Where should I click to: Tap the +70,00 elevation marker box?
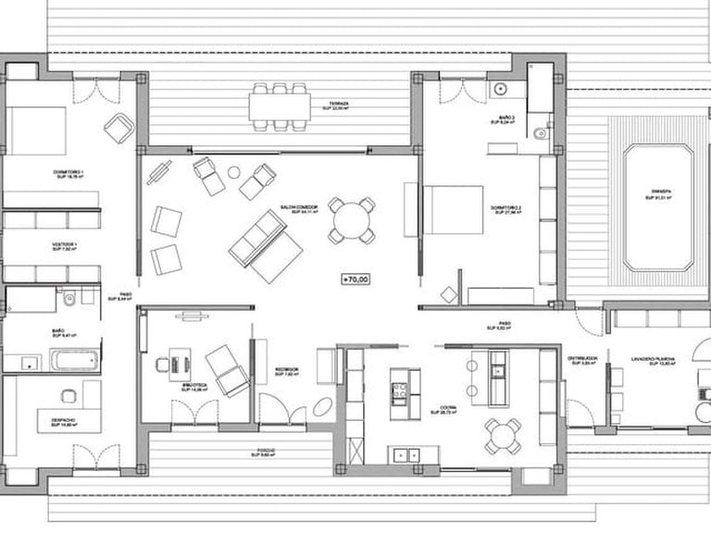pyautogui.click(x=355, y=278)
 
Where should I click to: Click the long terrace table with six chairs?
pyautogui.click(x=279, y=104)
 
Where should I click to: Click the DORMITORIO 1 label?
pyautogui.click(x=69, y=173)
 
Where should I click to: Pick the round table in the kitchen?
pyautogui.click(x=501, y=433)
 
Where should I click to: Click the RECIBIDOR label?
pyautogui.click(x=284, y=370)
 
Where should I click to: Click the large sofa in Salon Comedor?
pyautogui.click(x=264, y=245)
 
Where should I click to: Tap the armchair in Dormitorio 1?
pyautogui.click(x=119, y=128)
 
